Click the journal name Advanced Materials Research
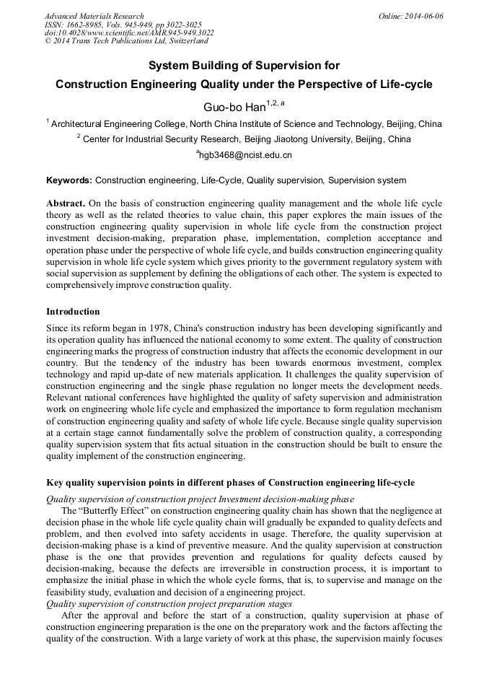pos(94,16)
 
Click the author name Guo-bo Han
pos(234,108)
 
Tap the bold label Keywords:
pos(69,180)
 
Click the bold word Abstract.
pos(66,204)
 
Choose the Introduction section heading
pos(73,312)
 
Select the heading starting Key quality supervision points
pos(230,482)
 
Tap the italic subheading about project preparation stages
pos(169,603)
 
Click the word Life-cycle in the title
pos(400,84)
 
